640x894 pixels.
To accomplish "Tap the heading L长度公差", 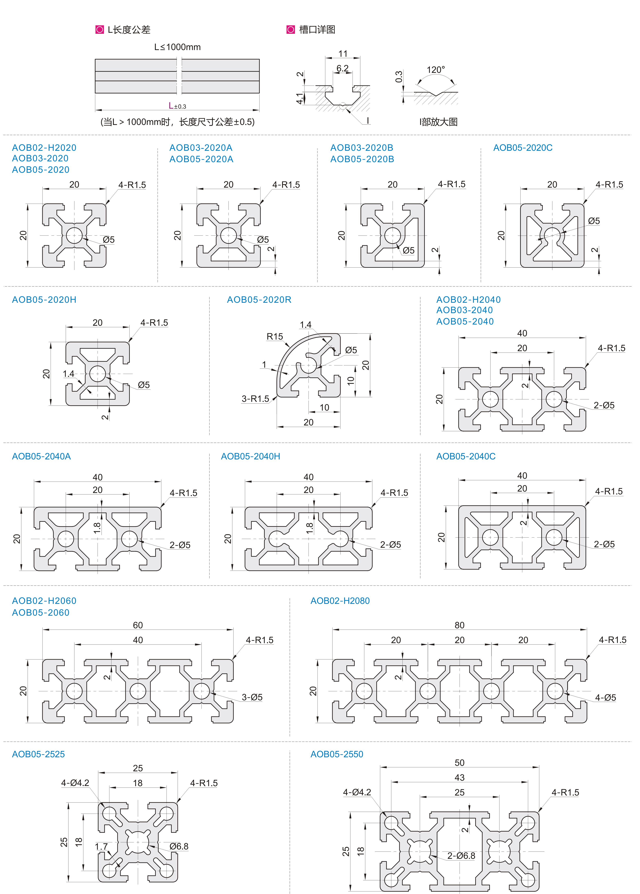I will (129, 30).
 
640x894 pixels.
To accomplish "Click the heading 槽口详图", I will (317, 30).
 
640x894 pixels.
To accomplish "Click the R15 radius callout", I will (275, 337).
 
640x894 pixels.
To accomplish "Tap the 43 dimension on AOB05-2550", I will (460, 777).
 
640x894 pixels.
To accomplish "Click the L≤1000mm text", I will (177, 47).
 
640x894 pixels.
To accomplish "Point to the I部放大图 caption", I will (438, 122).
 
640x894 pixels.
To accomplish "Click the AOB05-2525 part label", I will (38, 754).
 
